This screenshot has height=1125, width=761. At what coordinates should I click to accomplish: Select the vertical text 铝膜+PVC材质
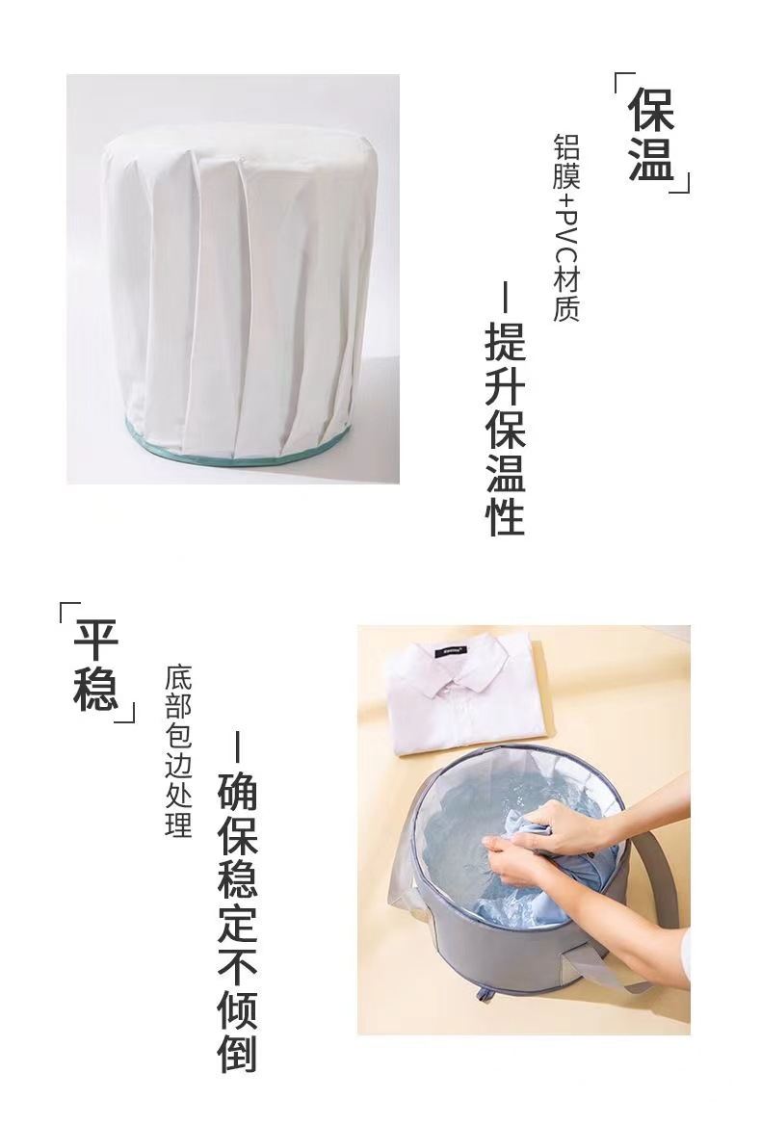[566, 227]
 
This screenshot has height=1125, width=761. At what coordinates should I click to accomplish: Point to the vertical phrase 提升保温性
[505, 428]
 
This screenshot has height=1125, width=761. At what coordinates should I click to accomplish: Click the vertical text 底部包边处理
[179, 751]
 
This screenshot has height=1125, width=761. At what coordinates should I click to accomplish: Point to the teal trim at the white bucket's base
[231, 453]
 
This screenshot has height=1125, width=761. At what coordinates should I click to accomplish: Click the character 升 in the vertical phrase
[505, 384]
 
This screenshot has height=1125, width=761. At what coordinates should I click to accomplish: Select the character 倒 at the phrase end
[237, 1052]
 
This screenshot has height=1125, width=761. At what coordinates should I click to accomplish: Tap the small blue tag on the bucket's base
[479, 993]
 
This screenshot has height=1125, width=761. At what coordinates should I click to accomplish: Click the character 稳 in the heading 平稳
[96, 688]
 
